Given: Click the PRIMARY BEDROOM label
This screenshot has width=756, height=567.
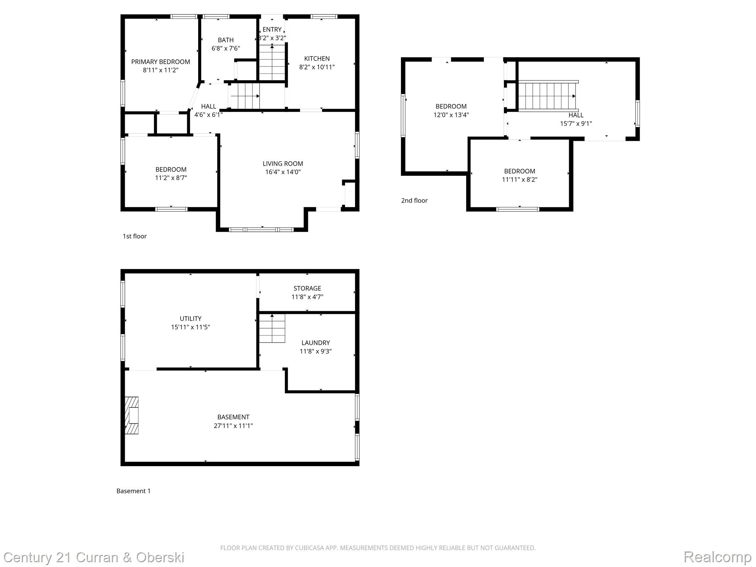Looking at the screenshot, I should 161,62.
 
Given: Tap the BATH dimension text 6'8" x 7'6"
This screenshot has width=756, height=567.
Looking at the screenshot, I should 226,48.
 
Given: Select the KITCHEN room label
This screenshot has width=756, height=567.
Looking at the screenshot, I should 317,58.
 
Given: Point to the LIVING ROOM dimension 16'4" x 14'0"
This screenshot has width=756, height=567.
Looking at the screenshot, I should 283,172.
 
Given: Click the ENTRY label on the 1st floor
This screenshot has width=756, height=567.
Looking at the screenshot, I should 272,30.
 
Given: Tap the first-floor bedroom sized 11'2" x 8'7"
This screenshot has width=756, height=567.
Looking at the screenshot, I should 171,173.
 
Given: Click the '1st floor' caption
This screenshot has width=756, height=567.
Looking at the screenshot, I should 135,236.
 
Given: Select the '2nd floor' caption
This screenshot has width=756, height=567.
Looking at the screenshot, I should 414,200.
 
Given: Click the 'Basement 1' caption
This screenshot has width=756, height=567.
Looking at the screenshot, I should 133,491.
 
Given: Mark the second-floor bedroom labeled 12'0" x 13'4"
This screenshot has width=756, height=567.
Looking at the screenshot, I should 451,110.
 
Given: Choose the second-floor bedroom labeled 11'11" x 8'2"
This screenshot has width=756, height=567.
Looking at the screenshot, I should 519,175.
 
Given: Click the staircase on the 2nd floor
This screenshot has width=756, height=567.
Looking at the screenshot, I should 547,96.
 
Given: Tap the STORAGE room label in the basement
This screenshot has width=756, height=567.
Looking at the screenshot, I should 307,288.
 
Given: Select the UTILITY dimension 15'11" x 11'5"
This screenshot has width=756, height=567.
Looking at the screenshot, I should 190,327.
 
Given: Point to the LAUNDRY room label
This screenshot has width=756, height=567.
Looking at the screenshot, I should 316,343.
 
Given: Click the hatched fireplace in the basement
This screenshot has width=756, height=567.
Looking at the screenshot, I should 132,415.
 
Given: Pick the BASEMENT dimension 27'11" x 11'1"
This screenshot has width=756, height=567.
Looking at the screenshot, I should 233,426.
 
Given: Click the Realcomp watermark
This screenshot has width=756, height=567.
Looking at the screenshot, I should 717,557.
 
